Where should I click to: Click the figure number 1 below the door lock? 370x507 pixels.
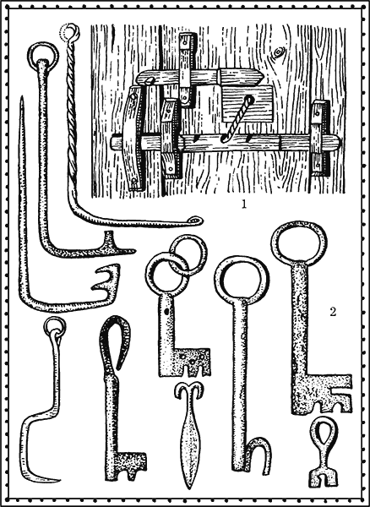243,204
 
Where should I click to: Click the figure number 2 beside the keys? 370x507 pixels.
333,312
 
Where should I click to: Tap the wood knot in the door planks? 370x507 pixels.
278,52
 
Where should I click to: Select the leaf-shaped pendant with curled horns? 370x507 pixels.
190,433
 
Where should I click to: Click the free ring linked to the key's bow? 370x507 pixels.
188,255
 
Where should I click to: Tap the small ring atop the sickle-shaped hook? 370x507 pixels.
55,326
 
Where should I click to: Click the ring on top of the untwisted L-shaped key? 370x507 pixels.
43,56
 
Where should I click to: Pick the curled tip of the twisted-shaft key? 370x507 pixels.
196,221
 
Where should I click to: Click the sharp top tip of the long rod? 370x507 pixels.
21,97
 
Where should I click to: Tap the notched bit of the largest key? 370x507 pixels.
324,394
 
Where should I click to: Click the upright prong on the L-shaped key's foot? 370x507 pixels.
109,238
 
